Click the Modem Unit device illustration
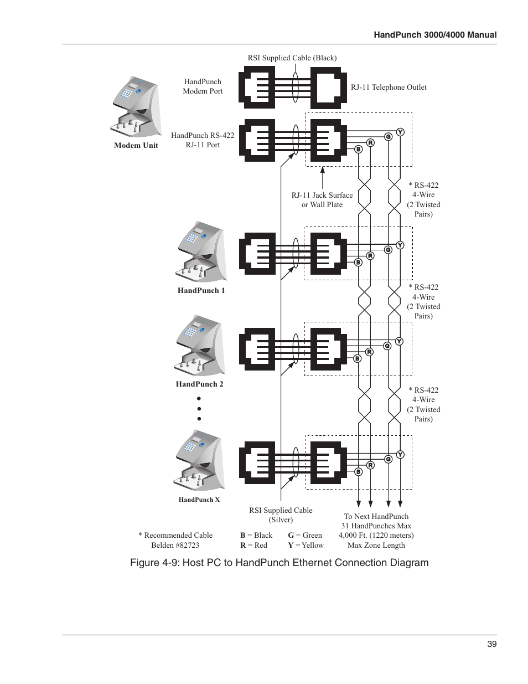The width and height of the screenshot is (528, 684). click(x=136, y=106)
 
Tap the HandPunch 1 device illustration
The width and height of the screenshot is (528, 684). click(x=201, y=251)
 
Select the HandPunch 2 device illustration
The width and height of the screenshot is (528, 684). click(x=200, y=345)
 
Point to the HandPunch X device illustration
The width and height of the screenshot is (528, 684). click(x=200, y=460)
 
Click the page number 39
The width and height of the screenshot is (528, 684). click(x=491, y=644)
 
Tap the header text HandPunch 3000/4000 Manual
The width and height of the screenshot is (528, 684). click(x=435, y=34)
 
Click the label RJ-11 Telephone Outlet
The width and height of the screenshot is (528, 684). click(x=389, y=87)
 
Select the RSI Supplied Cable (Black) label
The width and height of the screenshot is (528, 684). click(x=292, y=58)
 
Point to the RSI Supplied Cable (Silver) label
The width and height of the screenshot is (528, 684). click(x=281, y=515)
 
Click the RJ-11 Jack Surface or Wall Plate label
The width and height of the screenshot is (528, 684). click(x=322, y=199)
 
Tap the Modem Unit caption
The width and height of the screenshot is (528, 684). click(x=136, y=145)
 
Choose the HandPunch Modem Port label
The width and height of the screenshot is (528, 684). click(x=203, y=86)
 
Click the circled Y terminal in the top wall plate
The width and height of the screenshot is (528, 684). click(x=400, y=132)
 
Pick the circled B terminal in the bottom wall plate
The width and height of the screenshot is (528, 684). click(x=358, y=472)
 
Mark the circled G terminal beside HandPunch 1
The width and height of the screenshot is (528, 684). click(x=388, y=250)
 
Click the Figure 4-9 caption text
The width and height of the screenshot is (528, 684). click(x=279, y=563)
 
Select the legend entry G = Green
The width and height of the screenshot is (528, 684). click(x=305, y=535)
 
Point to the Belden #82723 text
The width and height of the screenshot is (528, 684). click(x=175, y=545)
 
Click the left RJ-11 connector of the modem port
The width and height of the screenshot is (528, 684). click(x=257, y=87)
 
